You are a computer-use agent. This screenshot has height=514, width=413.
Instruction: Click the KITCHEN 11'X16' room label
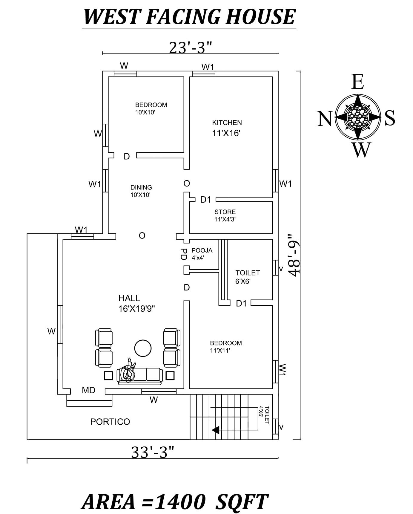click(x=227, y=128)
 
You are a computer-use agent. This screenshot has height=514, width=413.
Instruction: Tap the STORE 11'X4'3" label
click(x=225, y=215)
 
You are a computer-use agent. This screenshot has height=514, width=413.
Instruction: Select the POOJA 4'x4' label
click(x=202, y=254)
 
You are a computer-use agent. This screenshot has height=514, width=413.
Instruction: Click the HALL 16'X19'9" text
click(x=136, y=303)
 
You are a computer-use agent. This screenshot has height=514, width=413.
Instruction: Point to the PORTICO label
click(x=110, y=422)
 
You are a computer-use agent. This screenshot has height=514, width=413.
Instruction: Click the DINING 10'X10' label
click(x=141, y=191)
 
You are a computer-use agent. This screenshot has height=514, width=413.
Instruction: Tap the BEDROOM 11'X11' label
click(x=226, y=347)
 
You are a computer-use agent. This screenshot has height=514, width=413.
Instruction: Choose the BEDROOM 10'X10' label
click(x=151, y=108)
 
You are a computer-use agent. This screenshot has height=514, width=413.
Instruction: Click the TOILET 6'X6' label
click(x=247, y=277)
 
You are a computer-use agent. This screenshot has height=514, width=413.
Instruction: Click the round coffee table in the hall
click(x=143, y=348)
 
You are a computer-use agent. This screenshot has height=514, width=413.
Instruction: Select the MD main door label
click(x=88, y=390)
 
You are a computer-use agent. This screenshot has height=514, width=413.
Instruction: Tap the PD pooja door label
click(x=184, y=254)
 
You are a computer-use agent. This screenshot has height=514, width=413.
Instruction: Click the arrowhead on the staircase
click(x=216, y=430)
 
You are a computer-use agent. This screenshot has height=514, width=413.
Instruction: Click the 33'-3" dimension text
click(x=153, y=452)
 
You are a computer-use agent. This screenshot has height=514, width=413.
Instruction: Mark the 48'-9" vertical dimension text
click(x=294, y=255)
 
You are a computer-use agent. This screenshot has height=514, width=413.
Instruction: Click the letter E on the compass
click(x=357, y=82)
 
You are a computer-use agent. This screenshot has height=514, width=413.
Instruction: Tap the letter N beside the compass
click(x=324, y=118)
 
